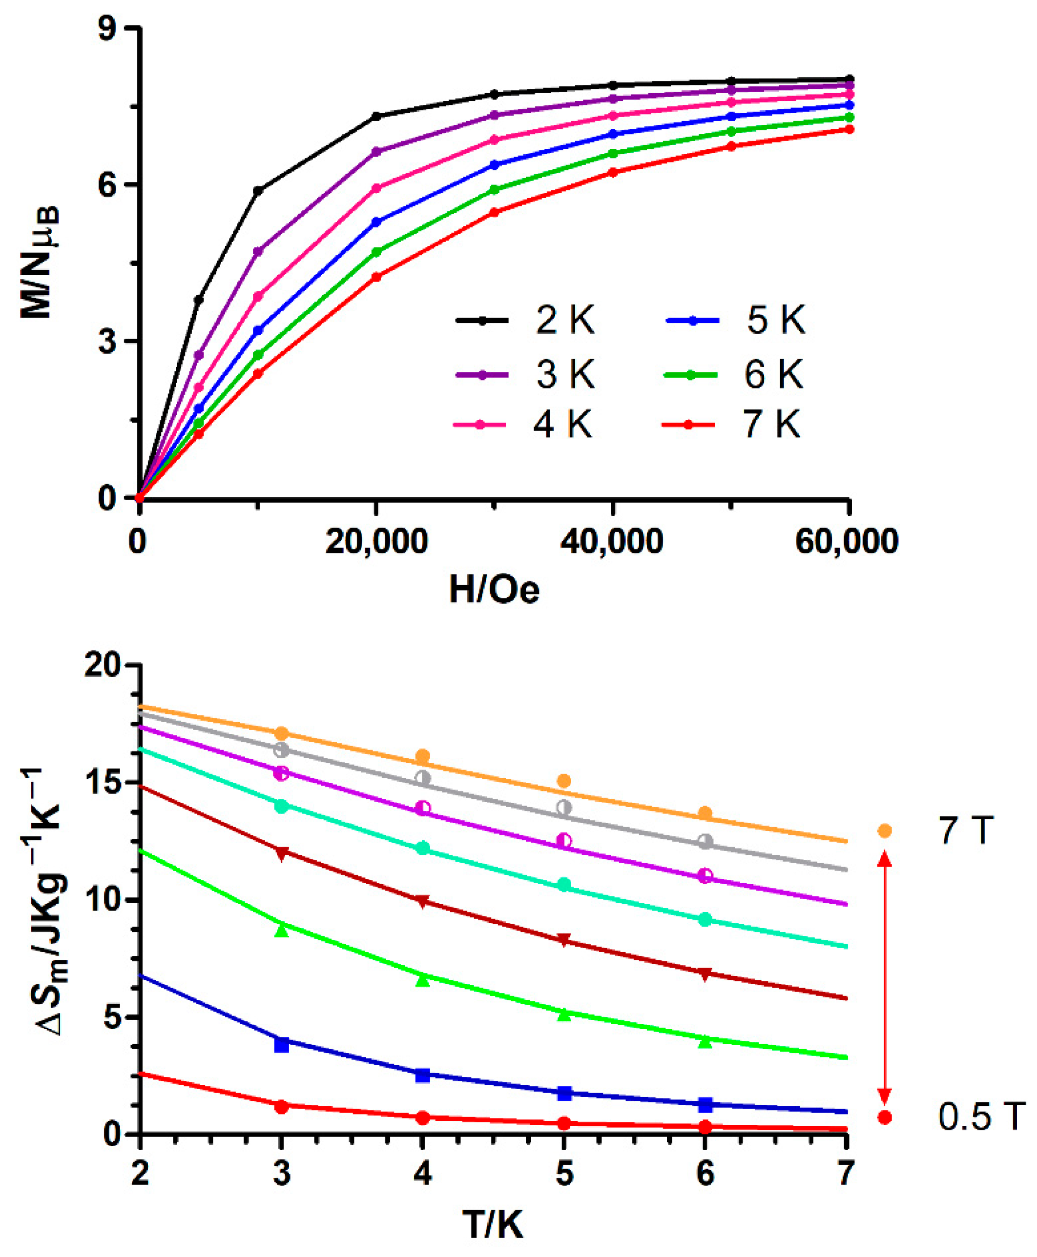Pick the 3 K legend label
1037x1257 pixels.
[x=564, y=374]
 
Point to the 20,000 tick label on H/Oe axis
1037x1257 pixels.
[x=376, y=541]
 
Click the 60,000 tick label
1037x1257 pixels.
[x=847, y=541]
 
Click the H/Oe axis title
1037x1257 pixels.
[x=494, y=589]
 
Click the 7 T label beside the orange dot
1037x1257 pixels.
[x=965, y=831]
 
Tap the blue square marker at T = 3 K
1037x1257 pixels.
[x=281, y=1045]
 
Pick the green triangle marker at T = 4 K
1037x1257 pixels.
[x=423, y=979]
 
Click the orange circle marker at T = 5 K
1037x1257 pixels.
[x=564, y=781]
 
